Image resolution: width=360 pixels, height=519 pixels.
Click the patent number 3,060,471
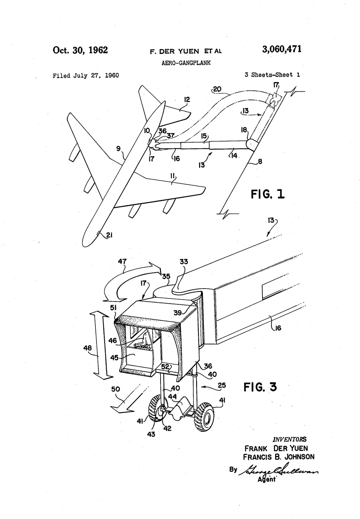(x=282, y=49)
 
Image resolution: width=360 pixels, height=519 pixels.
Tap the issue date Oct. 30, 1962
(x=80, y=50)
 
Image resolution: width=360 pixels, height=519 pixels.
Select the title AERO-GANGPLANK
(x=186, y=63)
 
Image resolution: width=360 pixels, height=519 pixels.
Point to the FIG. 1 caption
(x=267, y=194)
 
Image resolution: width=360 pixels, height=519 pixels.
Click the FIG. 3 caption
(x=260, y=387)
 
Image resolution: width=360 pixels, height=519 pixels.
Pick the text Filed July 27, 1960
(x=86, y=75)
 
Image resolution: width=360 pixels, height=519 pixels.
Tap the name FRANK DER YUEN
(x=276, y=448)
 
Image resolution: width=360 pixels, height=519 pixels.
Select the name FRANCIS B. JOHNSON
(x=279, y=457)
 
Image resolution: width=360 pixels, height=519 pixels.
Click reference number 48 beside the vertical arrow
(x=87, y=348)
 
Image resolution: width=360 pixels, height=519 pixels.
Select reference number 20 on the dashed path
(x=217, y=89)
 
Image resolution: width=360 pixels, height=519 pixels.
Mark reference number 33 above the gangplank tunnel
(x=184, y=261)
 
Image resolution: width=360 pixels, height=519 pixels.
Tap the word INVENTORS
(x=290, y=439)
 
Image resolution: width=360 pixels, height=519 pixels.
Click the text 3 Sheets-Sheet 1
(x=272, y=75)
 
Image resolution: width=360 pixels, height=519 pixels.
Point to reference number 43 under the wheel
(x=151, y=434)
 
